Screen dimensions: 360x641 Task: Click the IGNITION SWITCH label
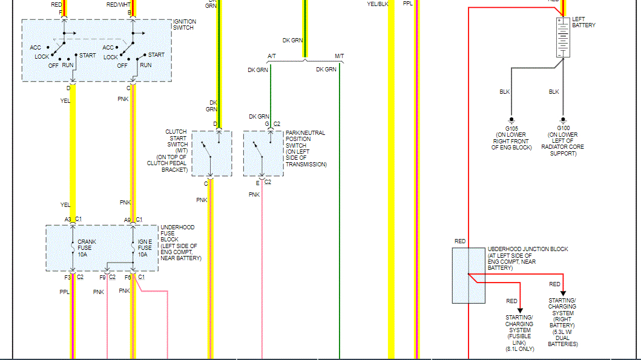tap(184, 25)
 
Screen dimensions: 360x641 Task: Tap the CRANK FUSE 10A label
tap(87, 248)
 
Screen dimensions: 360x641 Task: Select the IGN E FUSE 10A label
tap(145, 248)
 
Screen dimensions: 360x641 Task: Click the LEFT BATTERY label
tap(583, 22)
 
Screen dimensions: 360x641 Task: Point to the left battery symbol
tap(563, 38)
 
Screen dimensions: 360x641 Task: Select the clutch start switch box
tap(211, 154)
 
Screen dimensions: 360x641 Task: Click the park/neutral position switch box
tap(263, 154)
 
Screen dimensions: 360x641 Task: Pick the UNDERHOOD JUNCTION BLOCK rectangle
tap(468, 275)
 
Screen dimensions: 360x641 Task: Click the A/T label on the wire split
tap(272, 56)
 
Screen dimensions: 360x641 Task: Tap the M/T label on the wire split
tap(339, 56)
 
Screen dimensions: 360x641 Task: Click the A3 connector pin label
tap(68, 220)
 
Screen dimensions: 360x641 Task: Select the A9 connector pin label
tap(128, 220)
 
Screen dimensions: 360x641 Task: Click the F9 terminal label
tap(103, 277)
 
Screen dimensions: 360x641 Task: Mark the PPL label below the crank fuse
tap(65, 292)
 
